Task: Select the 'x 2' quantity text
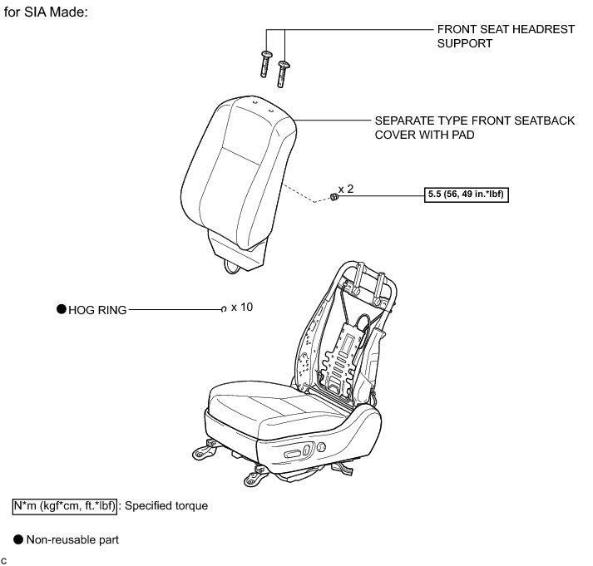tap(346, 189)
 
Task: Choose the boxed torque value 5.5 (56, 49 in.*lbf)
tap(466, 196)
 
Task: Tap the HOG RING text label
tap(97, 310)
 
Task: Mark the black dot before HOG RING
tap(61, 309)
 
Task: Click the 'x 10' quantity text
tap(242, 308)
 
